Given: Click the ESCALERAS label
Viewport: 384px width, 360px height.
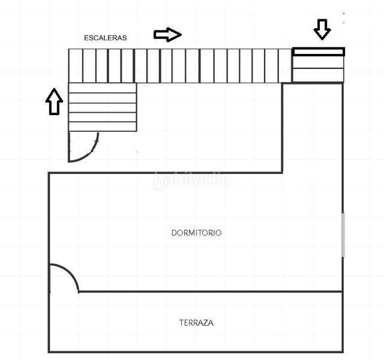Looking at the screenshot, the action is tap(106, 38).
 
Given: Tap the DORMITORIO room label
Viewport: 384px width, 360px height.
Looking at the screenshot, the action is tap(196, 233).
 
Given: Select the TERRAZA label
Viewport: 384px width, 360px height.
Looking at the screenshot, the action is tap(196, 323).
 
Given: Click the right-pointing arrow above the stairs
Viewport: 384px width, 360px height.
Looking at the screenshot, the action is tap(168, 35).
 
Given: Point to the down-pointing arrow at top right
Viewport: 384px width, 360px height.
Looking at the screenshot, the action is tap(322, 29).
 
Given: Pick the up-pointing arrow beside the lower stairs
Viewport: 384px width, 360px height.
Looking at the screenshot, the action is tap(55, 101).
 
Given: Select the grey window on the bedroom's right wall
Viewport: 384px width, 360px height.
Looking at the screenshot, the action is tap(343, 235).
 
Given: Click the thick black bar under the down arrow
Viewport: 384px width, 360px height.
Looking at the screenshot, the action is tap(319, 52).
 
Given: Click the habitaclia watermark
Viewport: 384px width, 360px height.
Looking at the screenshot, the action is tap(192, 179).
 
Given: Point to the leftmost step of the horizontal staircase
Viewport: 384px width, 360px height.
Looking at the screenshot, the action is tap(76, 65).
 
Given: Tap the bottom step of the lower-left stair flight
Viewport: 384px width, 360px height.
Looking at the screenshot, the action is tap(103, 127).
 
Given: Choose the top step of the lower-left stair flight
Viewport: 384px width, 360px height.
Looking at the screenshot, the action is tap(103, 88).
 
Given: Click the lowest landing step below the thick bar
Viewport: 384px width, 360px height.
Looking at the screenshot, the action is tap(319, 75).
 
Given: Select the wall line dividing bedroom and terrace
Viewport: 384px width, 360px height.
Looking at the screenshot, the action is tap(211, 292).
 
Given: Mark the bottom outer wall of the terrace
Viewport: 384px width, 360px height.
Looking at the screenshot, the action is tap(196, 352).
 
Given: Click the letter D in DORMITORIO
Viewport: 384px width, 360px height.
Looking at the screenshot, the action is tap(173, 233).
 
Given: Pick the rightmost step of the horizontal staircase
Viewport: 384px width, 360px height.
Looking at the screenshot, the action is tap(285, 65).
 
